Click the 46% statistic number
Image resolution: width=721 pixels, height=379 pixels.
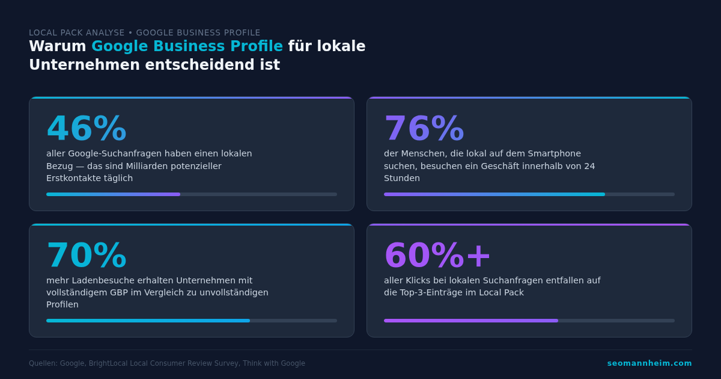point(87,129)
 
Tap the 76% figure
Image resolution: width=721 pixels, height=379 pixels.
point(424,129)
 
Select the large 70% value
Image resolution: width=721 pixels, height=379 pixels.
point(87,256)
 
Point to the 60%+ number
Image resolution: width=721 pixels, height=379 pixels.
point(437,256)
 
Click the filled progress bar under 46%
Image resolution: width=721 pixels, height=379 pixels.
point(113,194)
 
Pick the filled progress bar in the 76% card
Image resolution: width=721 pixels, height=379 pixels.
point(494,194)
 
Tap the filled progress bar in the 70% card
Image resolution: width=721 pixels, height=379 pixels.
point(148,321)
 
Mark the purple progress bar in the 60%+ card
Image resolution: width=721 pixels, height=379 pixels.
point(470,321)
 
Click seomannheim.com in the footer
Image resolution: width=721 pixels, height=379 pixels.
point(649,363)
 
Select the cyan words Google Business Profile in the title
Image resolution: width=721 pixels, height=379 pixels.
point(187,46)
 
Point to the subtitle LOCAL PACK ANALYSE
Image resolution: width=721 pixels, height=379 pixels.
point(76,32)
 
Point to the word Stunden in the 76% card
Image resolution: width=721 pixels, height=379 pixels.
point(402,178)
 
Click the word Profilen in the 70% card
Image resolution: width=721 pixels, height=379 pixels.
point(62,304)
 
